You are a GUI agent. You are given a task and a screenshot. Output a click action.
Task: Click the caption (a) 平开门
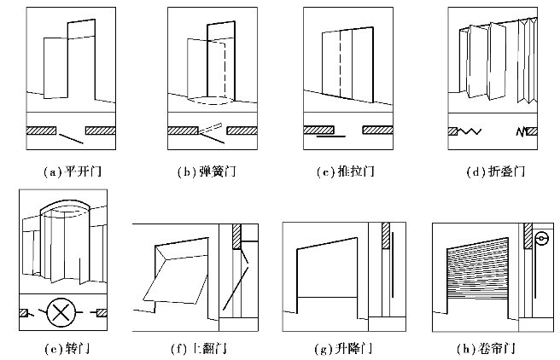point(72,171)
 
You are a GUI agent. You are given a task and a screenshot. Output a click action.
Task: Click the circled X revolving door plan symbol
point(61,312)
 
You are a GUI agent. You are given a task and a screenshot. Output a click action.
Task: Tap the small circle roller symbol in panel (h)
point(540,240)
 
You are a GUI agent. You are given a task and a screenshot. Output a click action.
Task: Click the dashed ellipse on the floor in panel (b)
point(209,100)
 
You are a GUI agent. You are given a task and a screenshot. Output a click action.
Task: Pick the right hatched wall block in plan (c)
point(376,131)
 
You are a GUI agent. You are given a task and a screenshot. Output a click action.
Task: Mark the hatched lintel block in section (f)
point(237,236)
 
